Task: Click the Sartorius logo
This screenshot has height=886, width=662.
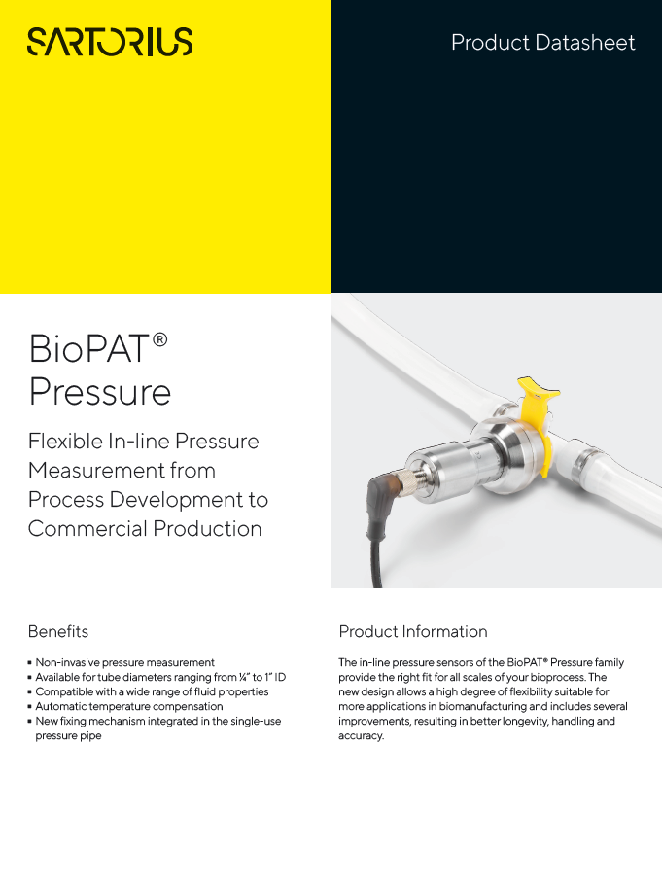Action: (110, 41)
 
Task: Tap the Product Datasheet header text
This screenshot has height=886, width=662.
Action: (542, 43)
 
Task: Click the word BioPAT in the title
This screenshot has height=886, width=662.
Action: (90, 348)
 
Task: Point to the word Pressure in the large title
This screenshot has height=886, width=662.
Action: (100, 392)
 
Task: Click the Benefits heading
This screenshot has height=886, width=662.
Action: (58, 631)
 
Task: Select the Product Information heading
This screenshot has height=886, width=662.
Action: (413, 631)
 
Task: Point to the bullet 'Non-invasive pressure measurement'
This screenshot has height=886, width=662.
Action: (124, 662)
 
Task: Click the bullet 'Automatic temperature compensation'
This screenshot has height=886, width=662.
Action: (129, 706)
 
